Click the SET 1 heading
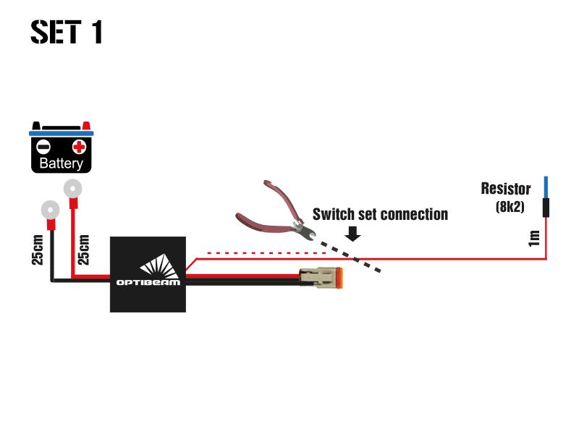tap(67, 32)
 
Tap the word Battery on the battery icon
tap(62, 163)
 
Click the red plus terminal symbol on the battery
tap(79, 147)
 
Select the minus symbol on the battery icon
tap(44, 147)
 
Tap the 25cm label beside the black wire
tap(38, 248)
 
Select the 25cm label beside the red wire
tap(83, 248)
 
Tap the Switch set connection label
tap(380, 215)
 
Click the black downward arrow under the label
tap(354, 233)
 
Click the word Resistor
tap(506, 190)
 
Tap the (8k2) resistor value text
tap(510, 206)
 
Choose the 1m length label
tap(535, 238)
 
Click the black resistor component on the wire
tap(546, 209)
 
